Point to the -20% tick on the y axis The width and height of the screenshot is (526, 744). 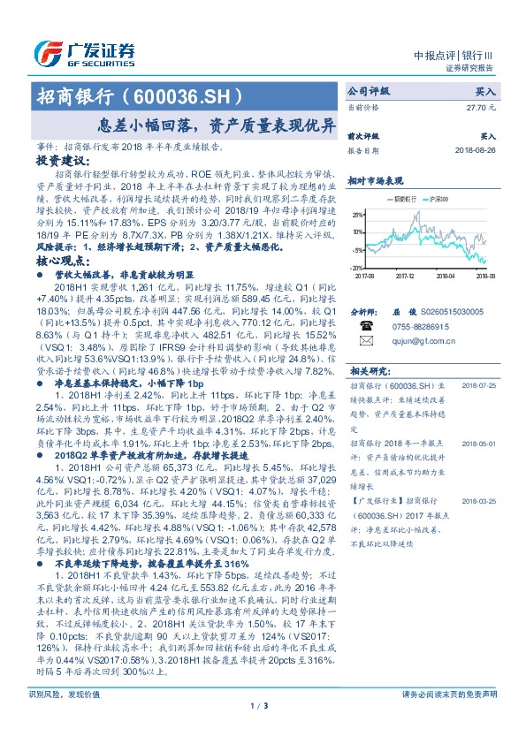tap(355, 267)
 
